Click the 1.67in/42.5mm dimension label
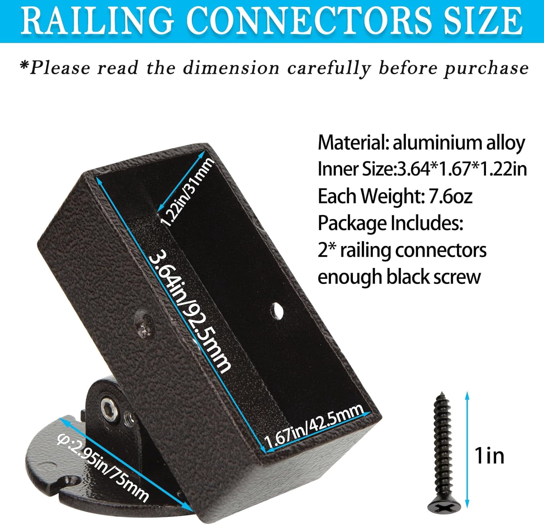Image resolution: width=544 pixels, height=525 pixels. tap(314, 426)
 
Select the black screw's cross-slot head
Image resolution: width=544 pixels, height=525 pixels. tap(444, 505)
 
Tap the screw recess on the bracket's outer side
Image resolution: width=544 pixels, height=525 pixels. tap(144, 324)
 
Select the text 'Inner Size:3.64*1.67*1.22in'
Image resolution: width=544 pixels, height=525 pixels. tap(422, 169)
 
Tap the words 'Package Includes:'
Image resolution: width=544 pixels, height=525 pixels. tap(390, 223)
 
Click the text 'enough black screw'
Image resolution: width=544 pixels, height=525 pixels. tap(399, 277)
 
